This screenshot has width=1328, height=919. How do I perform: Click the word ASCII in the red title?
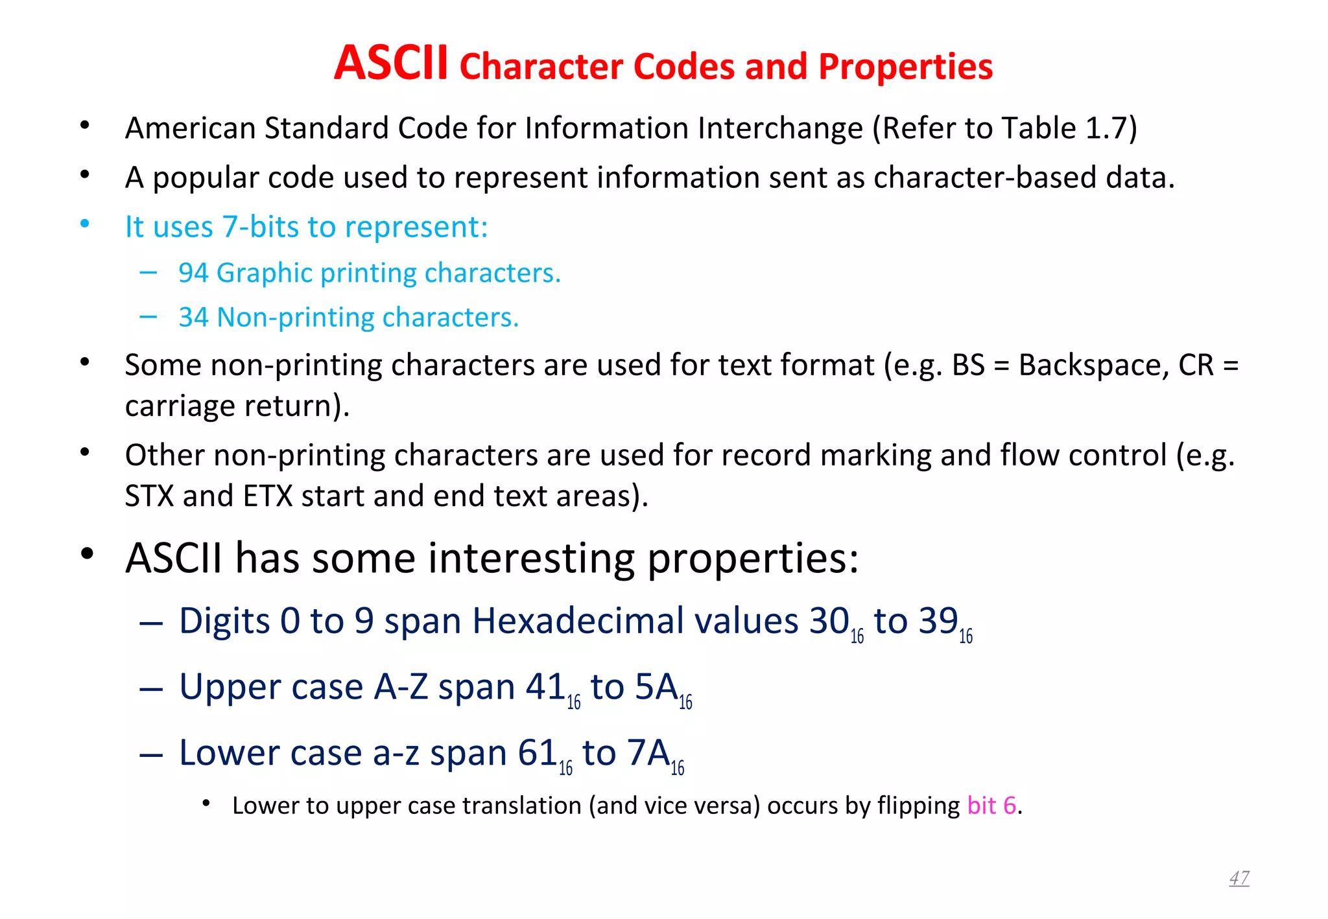[390, 64]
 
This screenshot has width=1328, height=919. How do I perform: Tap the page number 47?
[1239, 878]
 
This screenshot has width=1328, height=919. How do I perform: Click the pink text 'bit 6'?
[991, 806]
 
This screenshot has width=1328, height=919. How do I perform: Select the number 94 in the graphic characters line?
[193, 273]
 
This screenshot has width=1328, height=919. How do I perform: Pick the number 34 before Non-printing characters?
[193, 318]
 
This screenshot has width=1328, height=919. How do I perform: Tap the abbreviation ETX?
[268, 496]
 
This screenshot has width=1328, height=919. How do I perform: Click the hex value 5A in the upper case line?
[656, 687]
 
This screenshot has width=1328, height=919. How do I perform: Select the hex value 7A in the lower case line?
[648, 753]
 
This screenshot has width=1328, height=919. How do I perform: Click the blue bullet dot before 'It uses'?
[85, 224]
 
